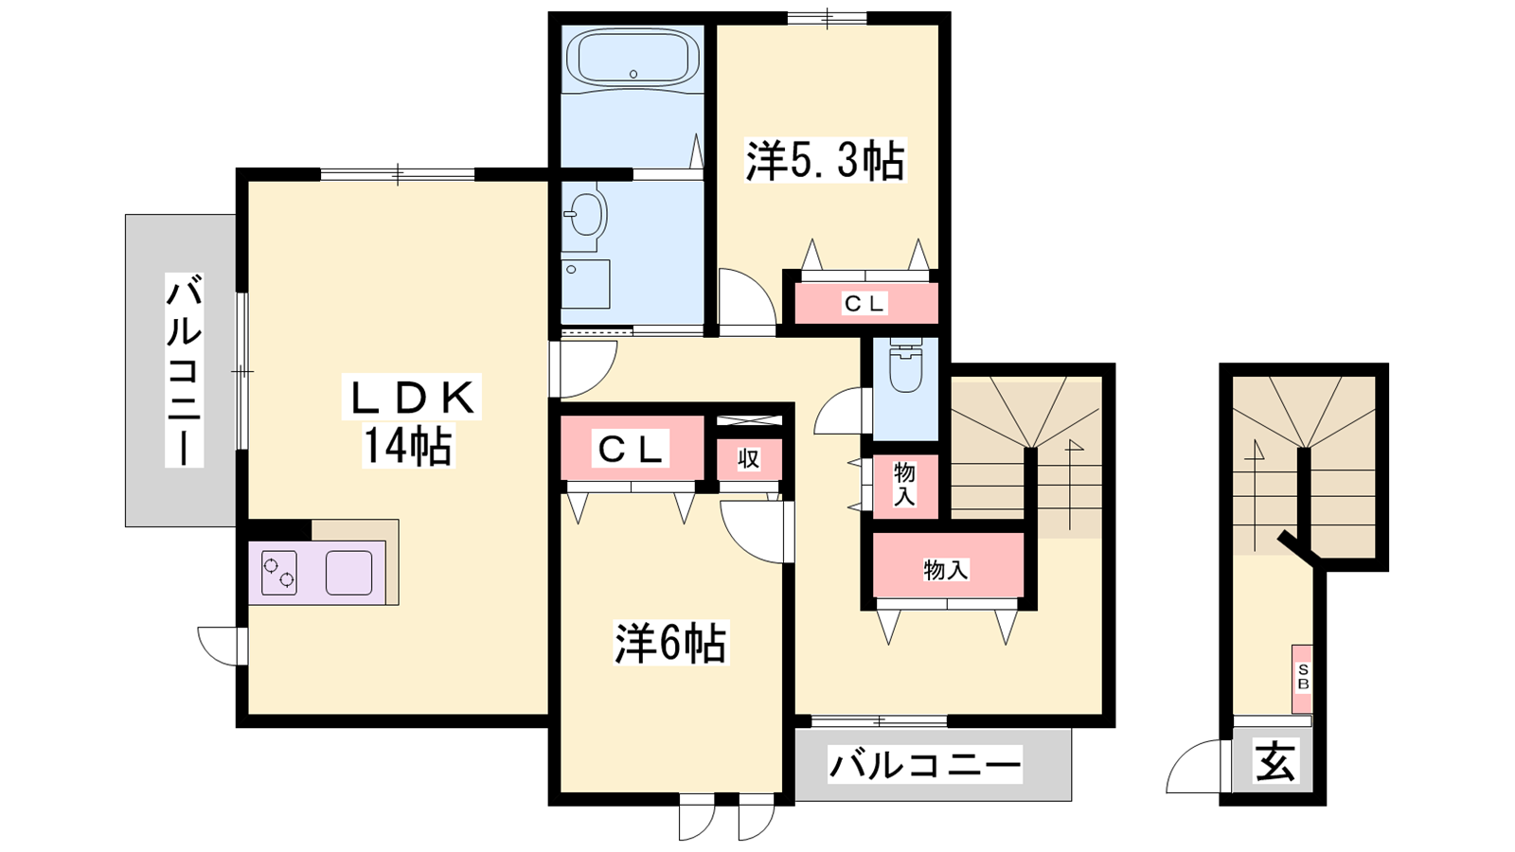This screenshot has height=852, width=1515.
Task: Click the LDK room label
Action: pyautogui.click(x=412, y=398)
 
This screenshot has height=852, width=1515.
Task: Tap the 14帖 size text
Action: pyautogui.click(x=408, y=445)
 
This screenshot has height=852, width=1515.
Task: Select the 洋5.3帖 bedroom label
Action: pyautogui.click(x=825, y=161)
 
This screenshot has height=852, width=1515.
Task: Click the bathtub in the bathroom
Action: pyautogui.click(x=633, y=59)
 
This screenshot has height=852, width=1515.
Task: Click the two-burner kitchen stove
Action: pyautogui.click(x=279, y=574)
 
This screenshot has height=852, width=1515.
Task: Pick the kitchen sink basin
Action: pyautogui.click(x=349, y=573)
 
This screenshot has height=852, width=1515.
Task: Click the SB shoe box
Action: pyautogui.click(x=1303, y=678)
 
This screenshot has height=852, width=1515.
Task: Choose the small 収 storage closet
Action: pyautogui.click(x=749, y=459)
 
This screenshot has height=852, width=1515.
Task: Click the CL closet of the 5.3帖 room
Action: pyautogui.click(x=865, y=303)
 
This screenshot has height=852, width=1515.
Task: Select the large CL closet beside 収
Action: pyautogui.click(x=632, y=448)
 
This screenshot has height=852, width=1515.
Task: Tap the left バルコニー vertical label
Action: pyautogui.click(x=184, y=370)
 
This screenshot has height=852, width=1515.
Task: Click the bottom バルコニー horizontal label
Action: pyautogui.click(x=924, y=765)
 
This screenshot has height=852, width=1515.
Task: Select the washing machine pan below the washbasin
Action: pyautogui.click(x=586, y=284)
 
